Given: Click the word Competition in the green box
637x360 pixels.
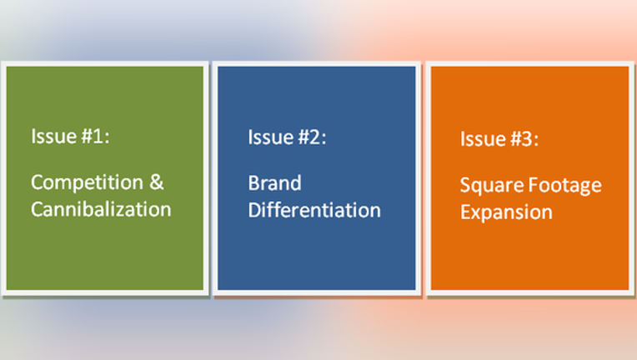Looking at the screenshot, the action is tap(87, 183).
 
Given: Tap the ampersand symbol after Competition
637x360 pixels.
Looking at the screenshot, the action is tap(157, 182).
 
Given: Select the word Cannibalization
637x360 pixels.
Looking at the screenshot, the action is tap(101, 209).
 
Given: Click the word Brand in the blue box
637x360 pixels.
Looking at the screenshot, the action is tap(274, 183).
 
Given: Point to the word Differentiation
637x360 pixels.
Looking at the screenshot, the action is tap(314, 210).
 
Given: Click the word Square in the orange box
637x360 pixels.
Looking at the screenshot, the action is tap(491, 187).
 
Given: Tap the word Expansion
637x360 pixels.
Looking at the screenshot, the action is tap(506, 213).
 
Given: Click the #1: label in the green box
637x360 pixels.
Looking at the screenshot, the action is tap(96, 136).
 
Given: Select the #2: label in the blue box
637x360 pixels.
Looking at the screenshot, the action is tap(312, 137).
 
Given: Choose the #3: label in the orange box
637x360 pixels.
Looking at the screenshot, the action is tap(524, 139).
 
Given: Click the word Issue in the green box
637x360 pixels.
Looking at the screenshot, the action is tap(53, 136).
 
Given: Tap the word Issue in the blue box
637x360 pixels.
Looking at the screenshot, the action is tap(271, 137).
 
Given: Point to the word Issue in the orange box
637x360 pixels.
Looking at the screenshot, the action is tap(483, 139).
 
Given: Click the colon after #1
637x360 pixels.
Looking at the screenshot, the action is tap(107, 138).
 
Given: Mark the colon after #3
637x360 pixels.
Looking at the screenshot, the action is tap(536, 141).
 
